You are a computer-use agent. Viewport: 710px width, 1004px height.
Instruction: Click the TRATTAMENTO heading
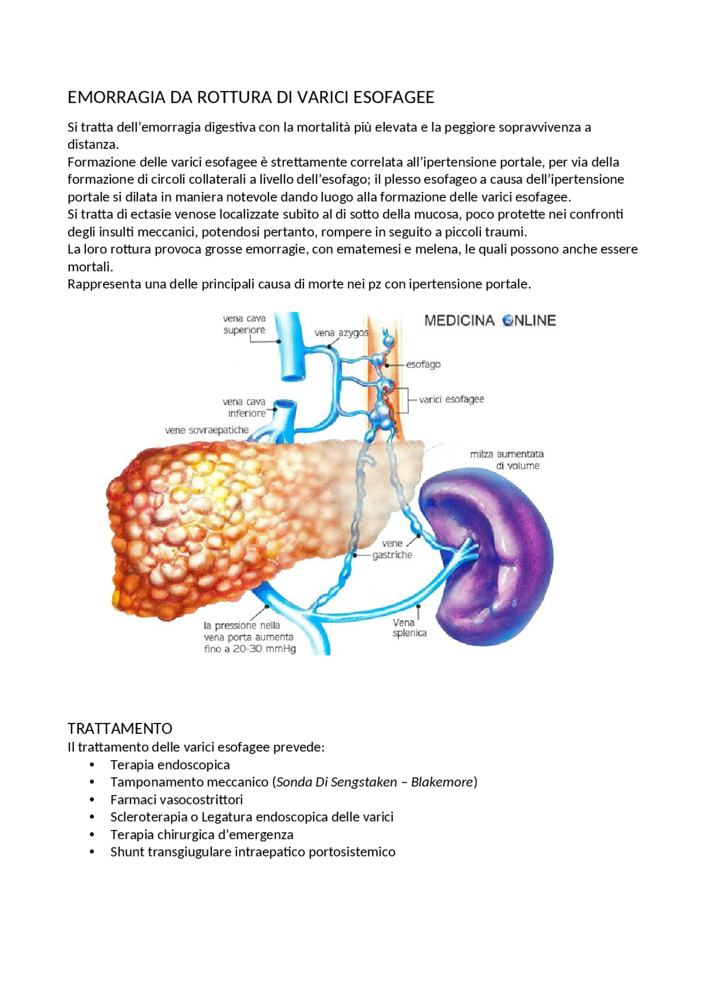120,728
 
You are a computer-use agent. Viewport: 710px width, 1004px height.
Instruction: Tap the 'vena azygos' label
341,333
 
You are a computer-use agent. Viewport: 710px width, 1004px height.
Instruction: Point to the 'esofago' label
423,365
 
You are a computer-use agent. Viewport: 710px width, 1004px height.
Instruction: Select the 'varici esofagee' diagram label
451,399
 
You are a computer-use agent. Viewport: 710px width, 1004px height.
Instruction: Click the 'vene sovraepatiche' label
207,430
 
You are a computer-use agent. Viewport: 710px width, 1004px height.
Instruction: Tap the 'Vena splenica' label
409,628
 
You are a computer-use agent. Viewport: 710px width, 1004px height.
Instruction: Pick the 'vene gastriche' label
392,549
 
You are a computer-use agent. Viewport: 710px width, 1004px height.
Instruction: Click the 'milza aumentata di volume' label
507,460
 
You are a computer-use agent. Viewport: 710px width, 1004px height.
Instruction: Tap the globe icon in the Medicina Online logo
508,320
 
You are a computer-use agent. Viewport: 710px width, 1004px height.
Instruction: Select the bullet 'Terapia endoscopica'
170,765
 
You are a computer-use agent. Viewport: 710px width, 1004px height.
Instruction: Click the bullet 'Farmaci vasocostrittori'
176,800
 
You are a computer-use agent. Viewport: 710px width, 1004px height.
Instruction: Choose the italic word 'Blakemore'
442,782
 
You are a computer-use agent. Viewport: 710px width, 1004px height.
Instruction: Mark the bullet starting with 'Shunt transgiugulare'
252,852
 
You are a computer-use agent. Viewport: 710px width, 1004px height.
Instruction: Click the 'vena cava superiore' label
244,324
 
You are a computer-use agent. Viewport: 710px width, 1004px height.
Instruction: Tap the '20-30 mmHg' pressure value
264,649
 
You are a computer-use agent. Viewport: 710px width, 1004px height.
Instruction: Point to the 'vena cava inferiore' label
245,407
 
